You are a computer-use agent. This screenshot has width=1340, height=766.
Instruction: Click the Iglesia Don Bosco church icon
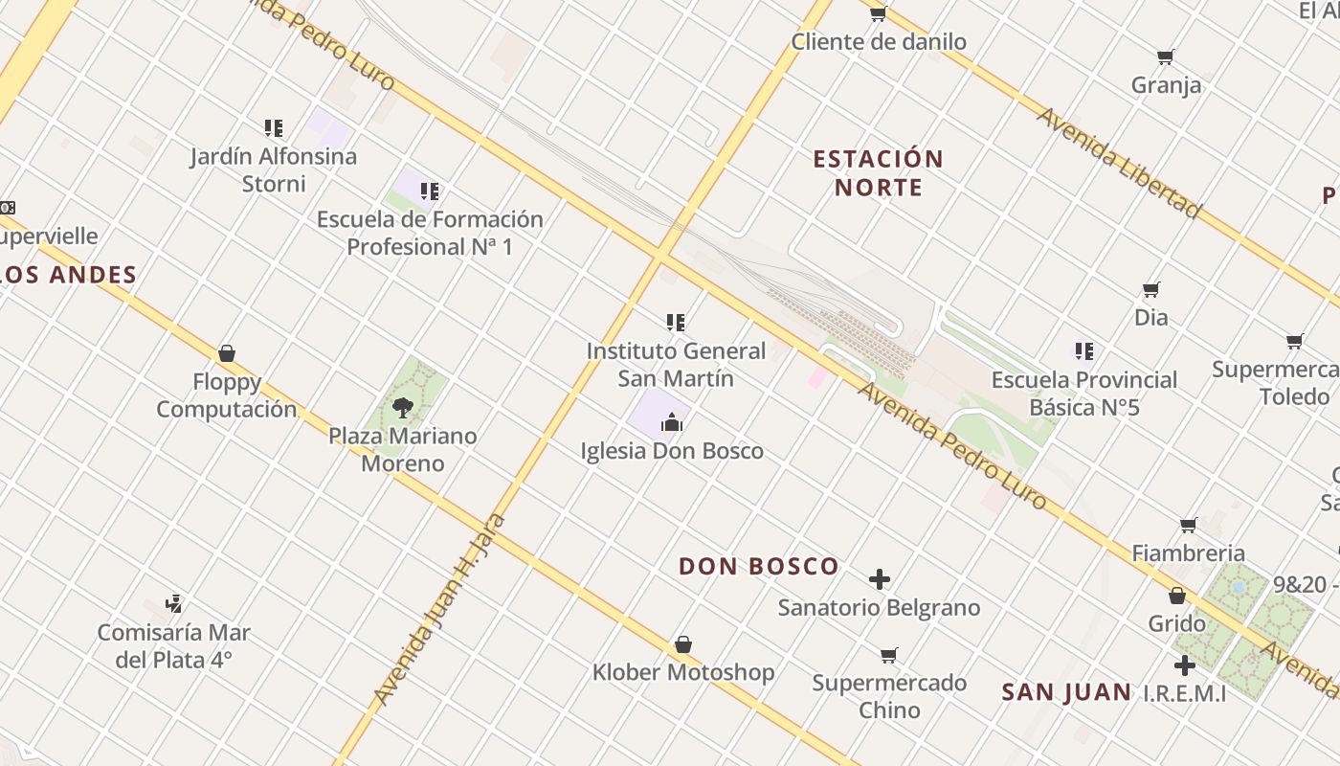(x=673, y=422)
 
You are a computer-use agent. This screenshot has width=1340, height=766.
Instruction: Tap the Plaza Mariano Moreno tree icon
(x=402, y=409)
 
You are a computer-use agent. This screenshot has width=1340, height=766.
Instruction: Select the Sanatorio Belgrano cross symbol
(x=880, y=579)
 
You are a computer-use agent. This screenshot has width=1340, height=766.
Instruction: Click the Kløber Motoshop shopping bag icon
(x=683, y=644)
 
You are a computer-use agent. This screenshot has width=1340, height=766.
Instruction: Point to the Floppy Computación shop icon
(x=227, y=354)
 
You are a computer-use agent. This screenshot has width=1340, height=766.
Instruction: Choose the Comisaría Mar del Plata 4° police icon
(x=173, y=604)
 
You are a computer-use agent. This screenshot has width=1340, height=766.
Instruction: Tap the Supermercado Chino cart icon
(x=889, y=656)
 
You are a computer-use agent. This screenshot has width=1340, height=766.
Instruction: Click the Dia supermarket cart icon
(x=1151, y=289)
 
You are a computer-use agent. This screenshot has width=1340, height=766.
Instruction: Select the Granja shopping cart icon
(x=1166, y=57)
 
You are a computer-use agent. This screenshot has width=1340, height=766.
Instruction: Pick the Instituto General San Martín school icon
(x=676, y=323)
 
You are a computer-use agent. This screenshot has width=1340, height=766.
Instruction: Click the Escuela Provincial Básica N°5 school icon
(x=1083, y=351)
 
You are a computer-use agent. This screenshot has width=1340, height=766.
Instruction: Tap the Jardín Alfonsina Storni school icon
(x=274, y=127)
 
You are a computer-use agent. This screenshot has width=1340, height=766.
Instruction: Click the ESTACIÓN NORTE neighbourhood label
(x=879, y=172)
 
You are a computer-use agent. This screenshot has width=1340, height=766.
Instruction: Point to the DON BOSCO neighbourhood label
(x=759, y=566)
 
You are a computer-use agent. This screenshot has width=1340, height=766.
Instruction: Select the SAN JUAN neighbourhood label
(x=1066, y=692)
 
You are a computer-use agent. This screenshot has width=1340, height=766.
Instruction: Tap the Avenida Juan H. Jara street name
(x=439, y=609)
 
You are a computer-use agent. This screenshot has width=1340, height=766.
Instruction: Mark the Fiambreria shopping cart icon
(x=1189, y=525)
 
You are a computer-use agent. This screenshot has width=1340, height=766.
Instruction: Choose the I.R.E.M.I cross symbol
(x=1185, y=665)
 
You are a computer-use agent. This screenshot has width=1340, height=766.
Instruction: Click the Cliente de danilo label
(x=879, y=42)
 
